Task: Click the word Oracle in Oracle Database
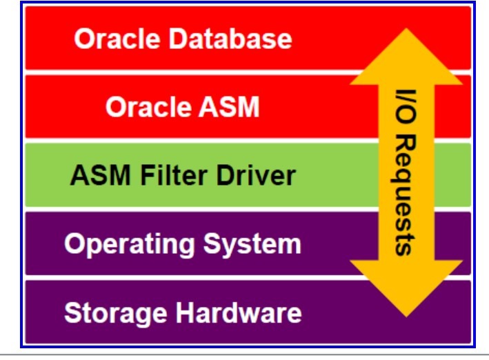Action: pyautogui.click(x=117, y=39)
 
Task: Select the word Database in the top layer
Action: pyautogui.click(x=230, y=39)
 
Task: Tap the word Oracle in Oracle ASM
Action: pyautogui.click(x=148, y=107)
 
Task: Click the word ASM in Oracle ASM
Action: pyautogui.click(x=230, y=107)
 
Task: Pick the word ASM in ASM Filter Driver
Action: pyautogui.click(x=101, y=175)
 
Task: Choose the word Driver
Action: pyautogui.click(x=256, y=175)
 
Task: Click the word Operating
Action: pyautogui.click(x=130, y=245)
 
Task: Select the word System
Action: pyautogui.click(x=252, y=245)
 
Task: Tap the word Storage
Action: pyautogui.click(x=116, y=313)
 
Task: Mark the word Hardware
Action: pyautogui.click(x=239, y=313)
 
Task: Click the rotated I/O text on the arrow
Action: pyautogui.click(x=406, y=107)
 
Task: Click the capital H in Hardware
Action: pyautogui.click(x=186, y=313)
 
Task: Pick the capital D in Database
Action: pyautogui.click(x=179, y=39)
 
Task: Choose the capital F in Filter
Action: pyautogui.click(x=148, y=175)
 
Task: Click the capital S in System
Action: pyautogui.click(x=212, y=243)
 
